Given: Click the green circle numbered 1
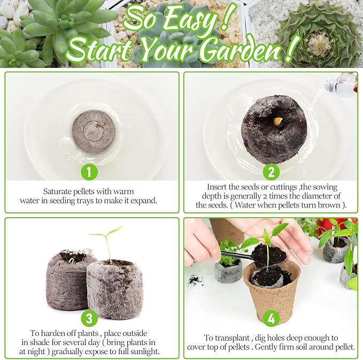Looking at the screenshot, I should tap(90, 172).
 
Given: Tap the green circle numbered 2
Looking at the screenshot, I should tap(271, 172).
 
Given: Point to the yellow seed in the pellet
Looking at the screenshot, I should tap(277, 121).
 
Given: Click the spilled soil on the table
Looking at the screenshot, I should tap(194, 279).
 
